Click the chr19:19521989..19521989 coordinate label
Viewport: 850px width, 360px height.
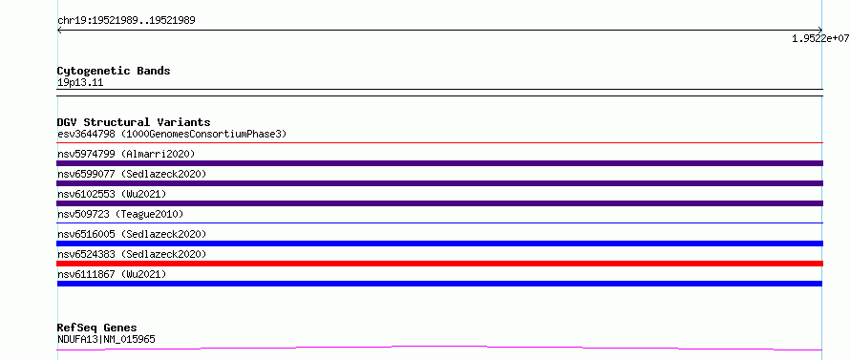point(126,21)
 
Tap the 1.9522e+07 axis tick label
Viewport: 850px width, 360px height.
point(820,38)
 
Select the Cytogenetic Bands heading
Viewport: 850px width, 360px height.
point(114,71)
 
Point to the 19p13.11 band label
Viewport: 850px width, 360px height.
point(80,83)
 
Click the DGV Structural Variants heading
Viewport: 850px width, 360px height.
point(134,122)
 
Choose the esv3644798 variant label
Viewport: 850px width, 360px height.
point(86,134)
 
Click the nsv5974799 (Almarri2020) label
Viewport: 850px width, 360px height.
point(126,154)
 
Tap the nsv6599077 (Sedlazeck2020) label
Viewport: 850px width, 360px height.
point(132,174)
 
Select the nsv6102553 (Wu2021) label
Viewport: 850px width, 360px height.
point(112,194)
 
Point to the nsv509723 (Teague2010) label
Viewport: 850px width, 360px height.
point(120,214)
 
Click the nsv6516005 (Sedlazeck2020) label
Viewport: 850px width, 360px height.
point(132,234)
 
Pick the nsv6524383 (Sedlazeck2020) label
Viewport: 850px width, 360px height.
point(132,254)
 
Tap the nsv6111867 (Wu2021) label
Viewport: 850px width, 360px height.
point(112,274)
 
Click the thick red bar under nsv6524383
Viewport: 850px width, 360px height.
point(439,264)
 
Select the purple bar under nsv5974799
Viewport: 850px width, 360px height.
point(439,163)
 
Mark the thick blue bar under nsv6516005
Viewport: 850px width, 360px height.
point(439,244)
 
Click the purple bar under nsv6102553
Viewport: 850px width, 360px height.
point(439,203)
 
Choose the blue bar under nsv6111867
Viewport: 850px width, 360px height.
point(439,284)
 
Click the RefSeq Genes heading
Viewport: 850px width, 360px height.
point(97,328)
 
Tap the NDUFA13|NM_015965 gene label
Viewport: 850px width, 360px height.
point(106,339)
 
